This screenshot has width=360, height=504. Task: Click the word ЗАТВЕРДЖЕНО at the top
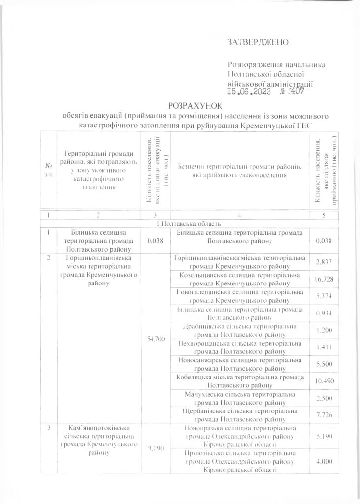pos(258,43)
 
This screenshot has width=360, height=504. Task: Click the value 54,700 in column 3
pos(155,339)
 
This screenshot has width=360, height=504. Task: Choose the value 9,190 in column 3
pos(155,449)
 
